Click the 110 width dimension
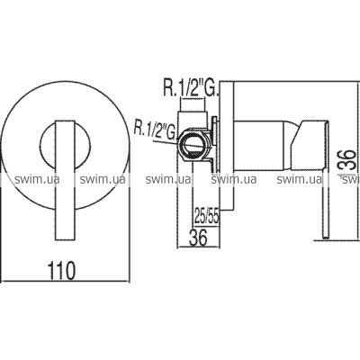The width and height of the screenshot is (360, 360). (x=61, y=271)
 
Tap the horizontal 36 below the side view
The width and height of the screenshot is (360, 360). (x=198, y=238)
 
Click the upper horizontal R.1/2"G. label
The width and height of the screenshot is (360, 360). (x=191, y=88)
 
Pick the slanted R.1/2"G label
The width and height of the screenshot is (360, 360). (x=155, y=129)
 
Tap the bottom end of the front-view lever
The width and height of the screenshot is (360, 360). (x=65, y=239)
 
